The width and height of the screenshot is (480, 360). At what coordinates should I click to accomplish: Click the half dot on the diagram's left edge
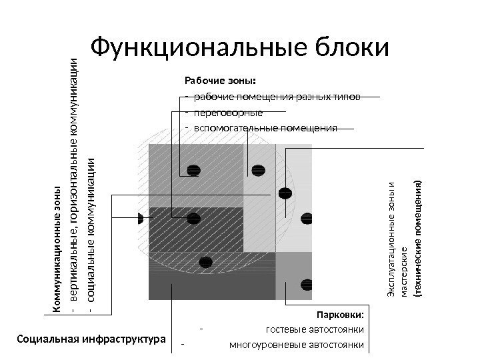pos(141,218)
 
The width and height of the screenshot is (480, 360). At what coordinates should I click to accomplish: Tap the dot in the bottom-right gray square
pos(307,281)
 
